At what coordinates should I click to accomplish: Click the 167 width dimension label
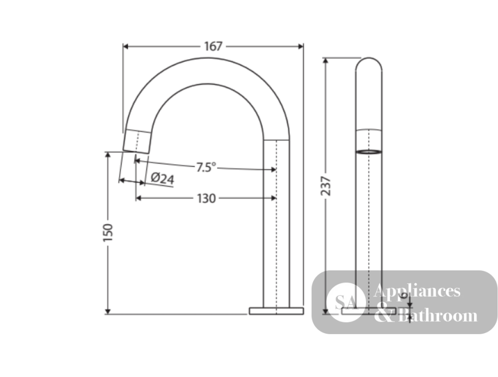click(213, 46)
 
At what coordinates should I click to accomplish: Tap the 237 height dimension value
click(326, 186)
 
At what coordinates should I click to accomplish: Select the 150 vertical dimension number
click(108, 233)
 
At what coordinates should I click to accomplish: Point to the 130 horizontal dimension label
click(207, 199)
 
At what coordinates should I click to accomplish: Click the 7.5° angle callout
click(206, 167)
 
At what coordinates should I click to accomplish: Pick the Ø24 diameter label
click(162, 178)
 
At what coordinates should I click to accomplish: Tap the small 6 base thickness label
click(404, 295)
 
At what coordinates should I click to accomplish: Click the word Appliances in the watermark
click(417, 290)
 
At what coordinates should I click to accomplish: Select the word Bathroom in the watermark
click(438, 315)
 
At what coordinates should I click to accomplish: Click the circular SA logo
click(346, 302)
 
